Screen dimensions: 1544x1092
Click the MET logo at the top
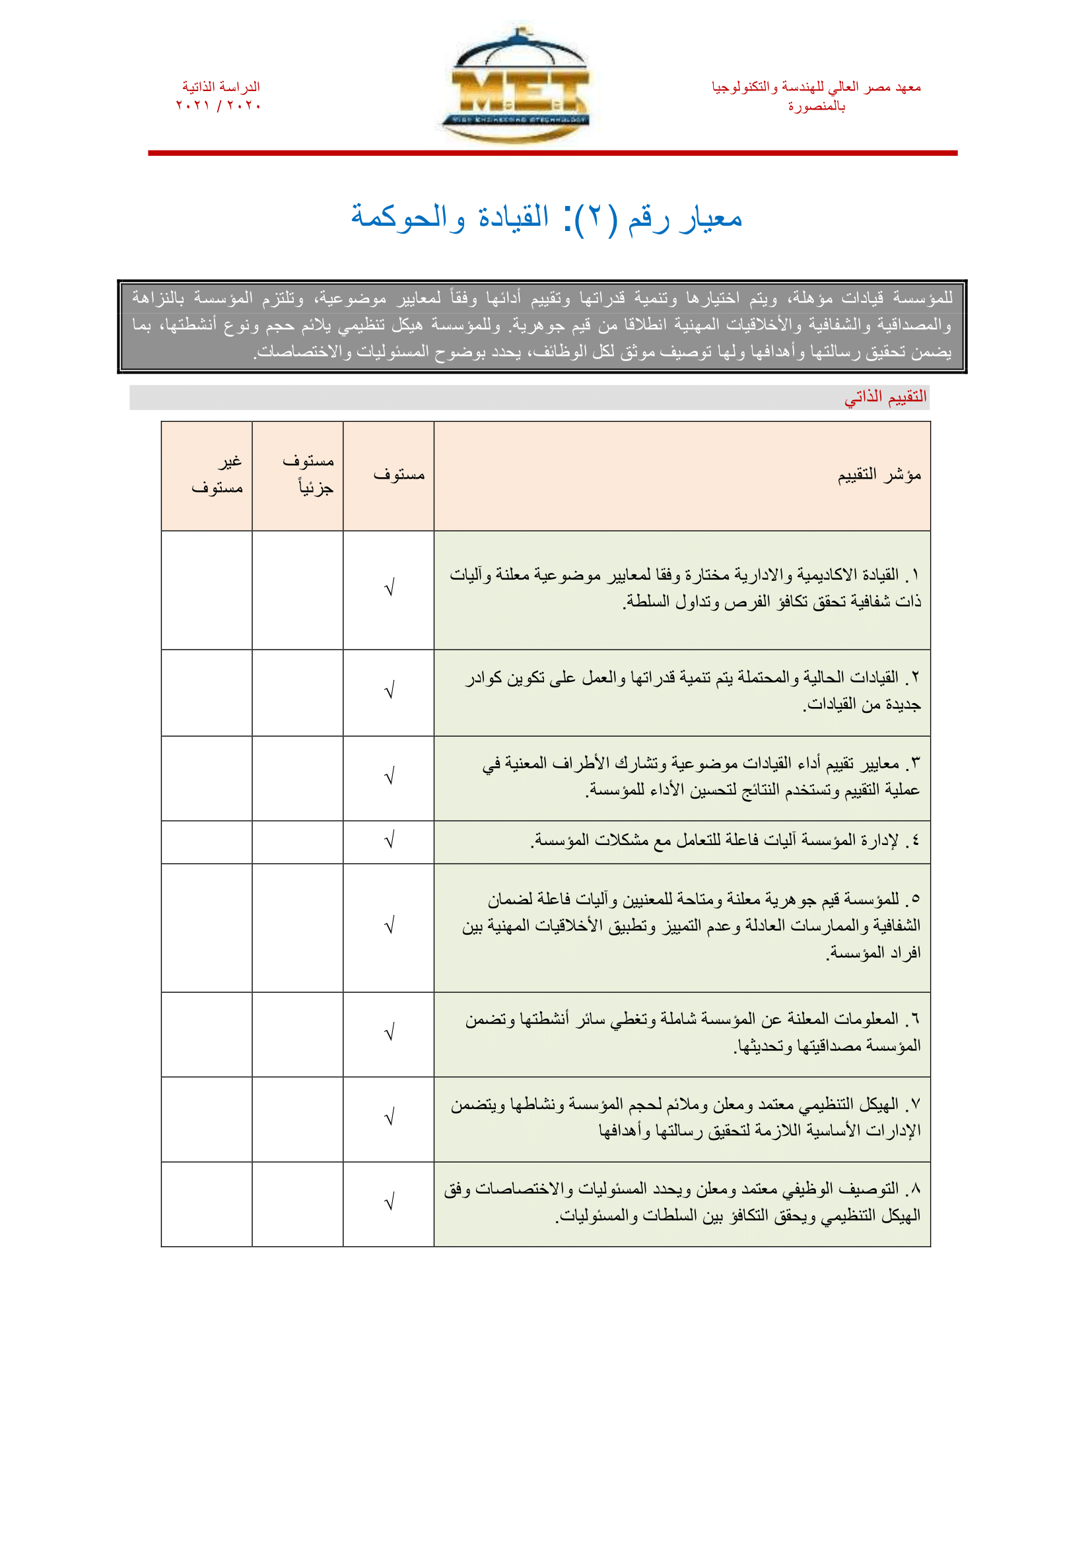516,86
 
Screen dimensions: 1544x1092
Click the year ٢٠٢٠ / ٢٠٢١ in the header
219,106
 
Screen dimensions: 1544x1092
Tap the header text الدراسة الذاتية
221,86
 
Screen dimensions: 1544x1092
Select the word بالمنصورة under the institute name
816,106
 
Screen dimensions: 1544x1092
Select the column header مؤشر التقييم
879,475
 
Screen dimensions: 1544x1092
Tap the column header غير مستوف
217,474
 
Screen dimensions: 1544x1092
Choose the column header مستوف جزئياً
308,474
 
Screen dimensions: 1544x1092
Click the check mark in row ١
389,588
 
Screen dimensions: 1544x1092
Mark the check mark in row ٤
389,840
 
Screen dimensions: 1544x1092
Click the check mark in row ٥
389,926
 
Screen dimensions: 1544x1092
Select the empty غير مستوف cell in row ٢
207,692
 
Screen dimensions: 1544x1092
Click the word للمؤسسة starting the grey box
923,297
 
